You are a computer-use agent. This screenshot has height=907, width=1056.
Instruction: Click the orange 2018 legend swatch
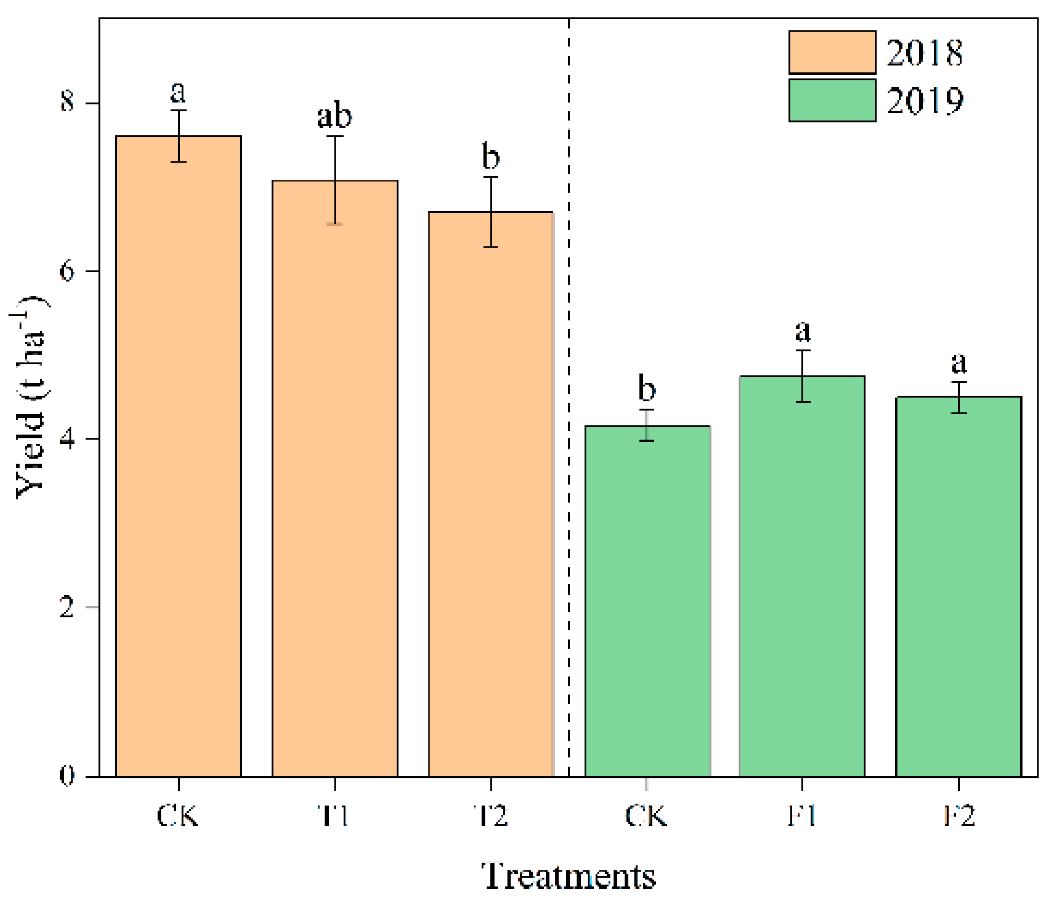(832, 52)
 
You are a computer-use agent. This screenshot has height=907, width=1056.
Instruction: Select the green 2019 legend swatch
(832, 100)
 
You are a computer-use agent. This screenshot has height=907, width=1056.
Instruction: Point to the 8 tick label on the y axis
(67, 103)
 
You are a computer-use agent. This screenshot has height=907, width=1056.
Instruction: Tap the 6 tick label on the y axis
(67, 271)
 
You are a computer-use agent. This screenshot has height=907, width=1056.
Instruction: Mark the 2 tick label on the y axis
(67, 607)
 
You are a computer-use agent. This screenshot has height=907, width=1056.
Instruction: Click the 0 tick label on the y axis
(67, 776)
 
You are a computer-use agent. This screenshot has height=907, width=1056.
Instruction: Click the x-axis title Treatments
(568, 876)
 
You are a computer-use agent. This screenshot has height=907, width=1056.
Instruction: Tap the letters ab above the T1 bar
(334, 116)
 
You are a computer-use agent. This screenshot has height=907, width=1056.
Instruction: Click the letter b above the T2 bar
(490, 157)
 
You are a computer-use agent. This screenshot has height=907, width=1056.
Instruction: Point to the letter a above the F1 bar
(803, 331)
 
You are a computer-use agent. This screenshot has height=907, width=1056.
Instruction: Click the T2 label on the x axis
(490, 815)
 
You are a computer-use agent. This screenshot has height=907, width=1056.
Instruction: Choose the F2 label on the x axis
(958, 815)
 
